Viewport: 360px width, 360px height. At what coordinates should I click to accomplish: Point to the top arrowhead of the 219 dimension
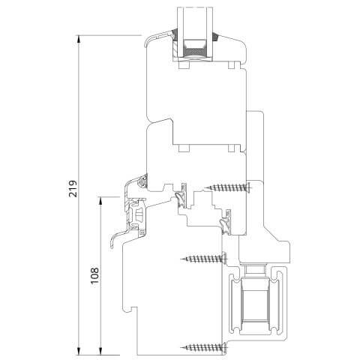[x=79, y=37]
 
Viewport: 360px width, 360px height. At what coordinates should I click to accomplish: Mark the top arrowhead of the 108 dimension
[x=100, y=196]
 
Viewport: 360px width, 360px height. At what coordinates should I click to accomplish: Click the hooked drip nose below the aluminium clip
[x=120, y=238]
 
